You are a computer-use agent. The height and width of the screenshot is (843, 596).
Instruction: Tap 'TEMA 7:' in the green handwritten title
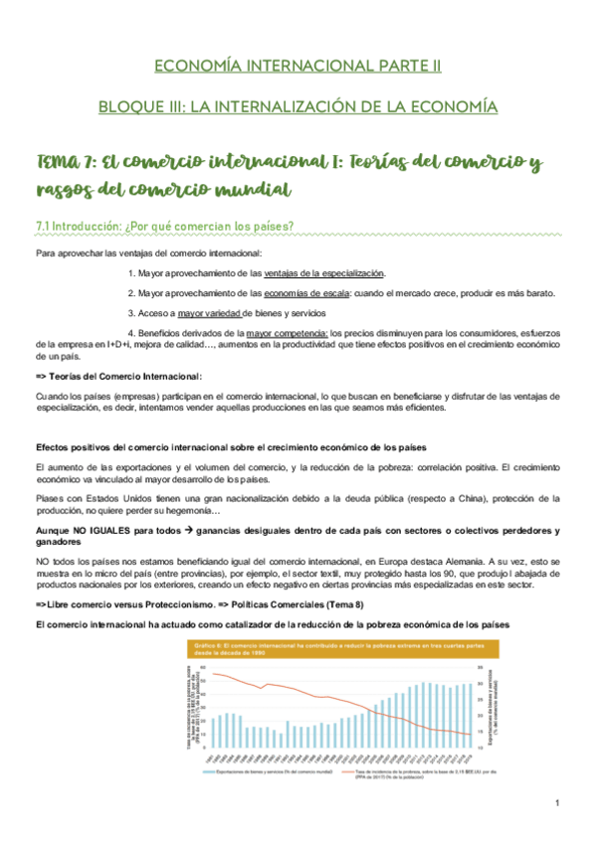67,161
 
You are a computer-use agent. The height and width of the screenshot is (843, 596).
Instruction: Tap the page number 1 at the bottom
558,802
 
